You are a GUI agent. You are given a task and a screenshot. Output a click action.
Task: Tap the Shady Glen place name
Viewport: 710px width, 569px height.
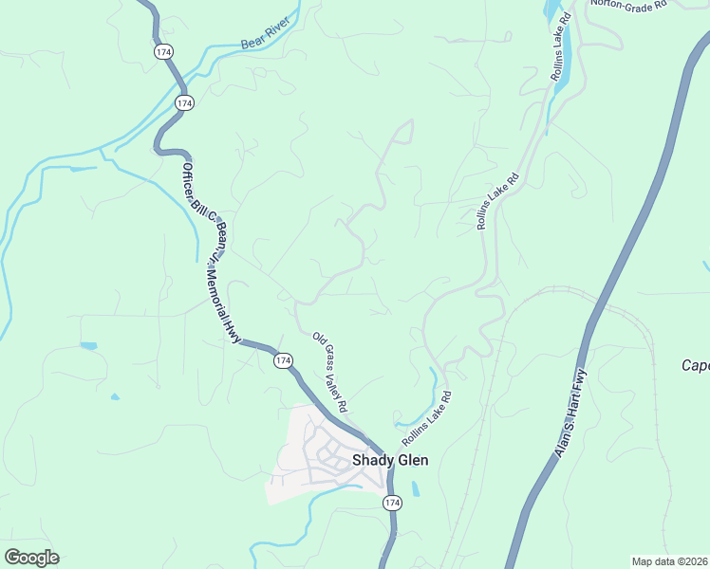(x=390, y=460)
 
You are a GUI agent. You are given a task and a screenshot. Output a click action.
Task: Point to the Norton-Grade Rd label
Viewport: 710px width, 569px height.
(x=628, y=4)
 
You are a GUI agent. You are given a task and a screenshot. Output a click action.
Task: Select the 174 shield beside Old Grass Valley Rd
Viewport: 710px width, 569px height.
(x=283, y=360)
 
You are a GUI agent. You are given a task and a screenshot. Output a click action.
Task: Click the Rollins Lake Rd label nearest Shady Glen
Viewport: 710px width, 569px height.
(x=425, y=417)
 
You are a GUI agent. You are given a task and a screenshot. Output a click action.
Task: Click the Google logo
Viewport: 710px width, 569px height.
(x=31, y=558)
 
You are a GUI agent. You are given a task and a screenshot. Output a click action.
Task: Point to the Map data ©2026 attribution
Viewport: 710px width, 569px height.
(x=669, y=561)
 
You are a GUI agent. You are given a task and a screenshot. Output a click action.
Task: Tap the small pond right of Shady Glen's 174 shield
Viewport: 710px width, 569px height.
(x=415, y=491)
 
